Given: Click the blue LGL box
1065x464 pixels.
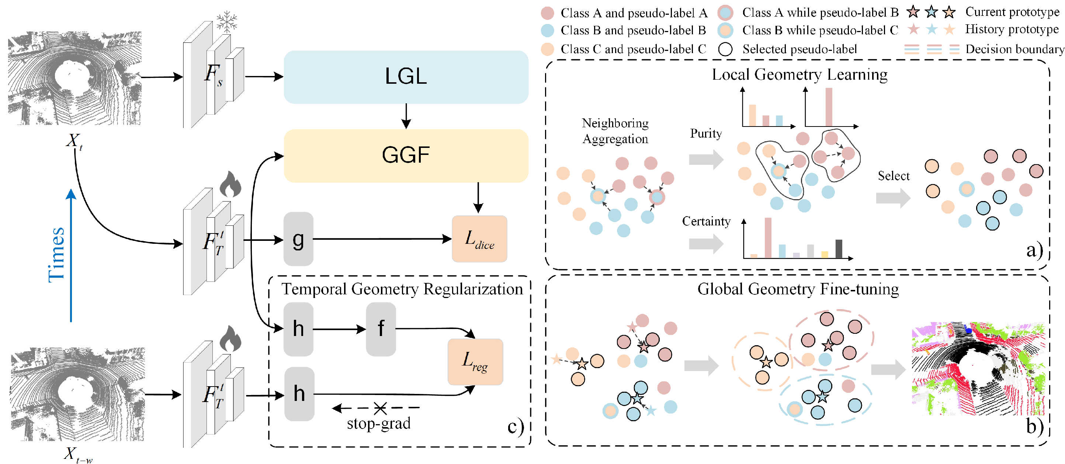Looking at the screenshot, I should [x=406, y=77].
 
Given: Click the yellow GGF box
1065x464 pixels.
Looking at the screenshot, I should [x=406, y=156].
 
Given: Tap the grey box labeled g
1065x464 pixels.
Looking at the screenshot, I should [x=298, y=239].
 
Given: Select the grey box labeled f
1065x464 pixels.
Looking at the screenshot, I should [x=381, y=329].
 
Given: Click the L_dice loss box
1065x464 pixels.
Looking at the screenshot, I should [x=479, y=239].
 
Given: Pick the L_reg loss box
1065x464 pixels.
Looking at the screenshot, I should [x=475, y=362].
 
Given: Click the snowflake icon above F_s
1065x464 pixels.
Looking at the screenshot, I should [x=226, y=21].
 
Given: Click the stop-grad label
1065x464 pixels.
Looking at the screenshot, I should [x=378, y=423].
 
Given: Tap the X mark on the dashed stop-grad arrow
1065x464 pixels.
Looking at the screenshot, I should [x=380, y=408].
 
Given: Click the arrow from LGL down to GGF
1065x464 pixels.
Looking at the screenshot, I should [x=406, y=116].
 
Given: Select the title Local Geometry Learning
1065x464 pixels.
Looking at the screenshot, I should [x=799, y=75].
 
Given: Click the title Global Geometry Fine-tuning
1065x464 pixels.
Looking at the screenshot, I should [x=798, y=289].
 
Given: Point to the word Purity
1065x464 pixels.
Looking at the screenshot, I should [x=706, y=133].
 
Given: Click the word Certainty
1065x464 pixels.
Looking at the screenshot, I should [x=706, y=221].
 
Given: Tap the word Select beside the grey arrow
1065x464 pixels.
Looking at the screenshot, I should [x=894, y=176].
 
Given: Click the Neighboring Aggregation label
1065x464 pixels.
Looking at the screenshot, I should [x=615, y=131].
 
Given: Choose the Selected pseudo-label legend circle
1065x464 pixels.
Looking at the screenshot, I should [x=725, y=49].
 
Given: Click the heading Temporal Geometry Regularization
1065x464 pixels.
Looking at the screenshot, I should [x=402, y=289].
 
